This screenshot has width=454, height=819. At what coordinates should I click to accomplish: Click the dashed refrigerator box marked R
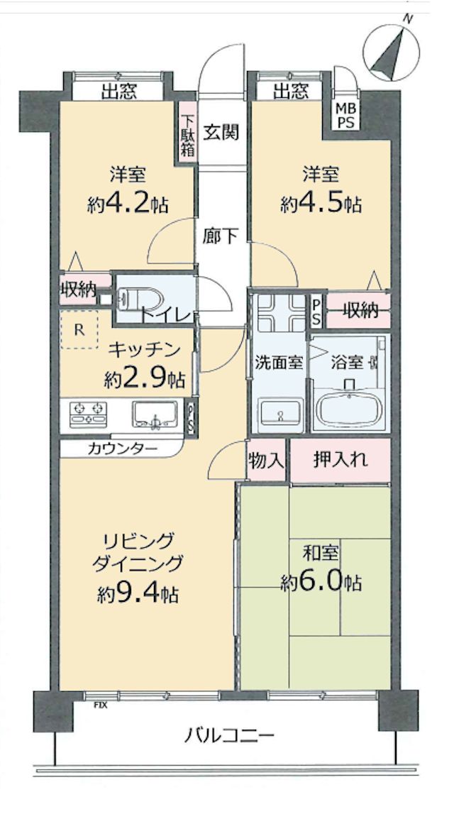point(79,329)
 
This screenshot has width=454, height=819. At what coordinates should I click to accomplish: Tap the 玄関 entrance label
point(221,133)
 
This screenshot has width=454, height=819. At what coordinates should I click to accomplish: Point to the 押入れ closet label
point(340,460)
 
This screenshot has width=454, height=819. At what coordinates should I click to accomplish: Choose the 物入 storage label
point(266,460)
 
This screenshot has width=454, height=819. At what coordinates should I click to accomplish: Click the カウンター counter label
point(122,448)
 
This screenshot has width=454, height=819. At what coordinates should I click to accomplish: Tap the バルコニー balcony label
point(229,737)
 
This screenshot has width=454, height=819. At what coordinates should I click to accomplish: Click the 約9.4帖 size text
point(137,594)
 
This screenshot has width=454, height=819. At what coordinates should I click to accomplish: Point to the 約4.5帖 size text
point(321,204)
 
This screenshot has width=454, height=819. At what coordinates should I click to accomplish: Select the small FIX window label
point(100,705)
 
